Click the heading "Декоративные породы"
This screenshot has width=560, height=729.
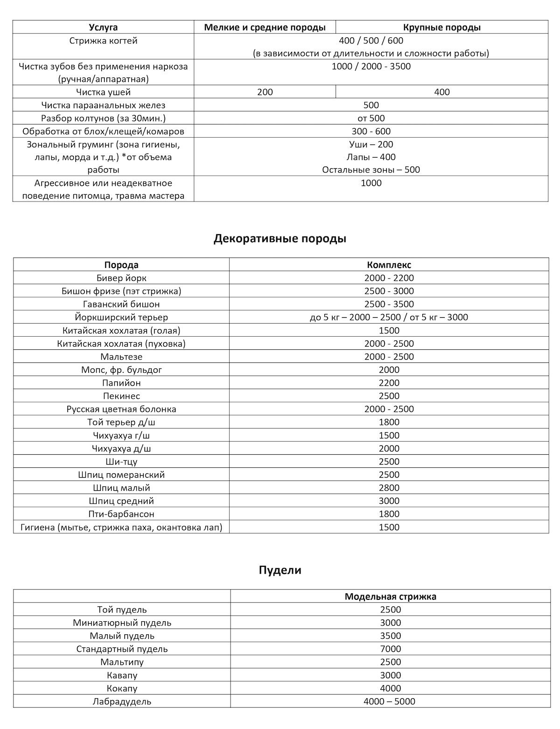click(280, 239)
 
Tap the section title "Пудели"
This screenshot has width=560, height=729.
click(280, 570)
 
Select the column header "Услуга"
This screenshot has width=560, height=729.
click(103, 27)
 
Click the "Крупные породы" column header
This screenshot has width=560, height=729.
click(441, 27)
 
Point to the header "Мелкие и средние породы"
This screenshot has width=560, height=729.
click(265, 27)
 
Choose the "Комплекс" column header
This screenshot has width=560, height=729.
click(389, 265)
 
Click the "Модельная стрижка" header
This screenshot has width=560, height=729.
click(390, 597)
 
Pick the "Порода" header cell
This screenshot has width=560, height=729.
click(121, 265)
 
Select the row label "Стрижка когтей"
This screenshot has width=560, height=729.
click(103, 41)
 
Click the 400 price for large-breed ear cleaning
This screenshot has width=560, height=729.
click(441, 92)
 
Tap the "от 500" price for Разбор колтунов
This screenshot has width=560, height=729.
click(371, 118)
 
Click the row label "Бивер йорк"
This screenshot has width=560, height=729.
click(121, 278)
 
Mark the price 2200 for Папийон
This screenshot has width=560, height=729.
click(389, 383)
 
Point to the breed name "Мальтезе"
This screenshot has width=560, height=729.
click(121, 357)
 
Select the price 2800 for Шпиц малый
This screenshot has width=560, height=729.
click(389, 488)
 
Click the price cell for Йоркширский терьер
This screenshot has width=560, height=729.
click(389, 317)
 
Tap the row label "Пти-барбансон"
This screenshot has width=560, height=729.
click(121, 514)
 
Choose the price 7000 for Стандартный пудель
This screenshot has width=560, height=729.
click(390, 649)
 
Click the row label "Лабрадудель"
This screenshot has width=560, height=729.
click(122, 701)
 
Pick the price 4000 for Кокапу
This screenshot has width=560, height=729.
click(390, 688)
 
